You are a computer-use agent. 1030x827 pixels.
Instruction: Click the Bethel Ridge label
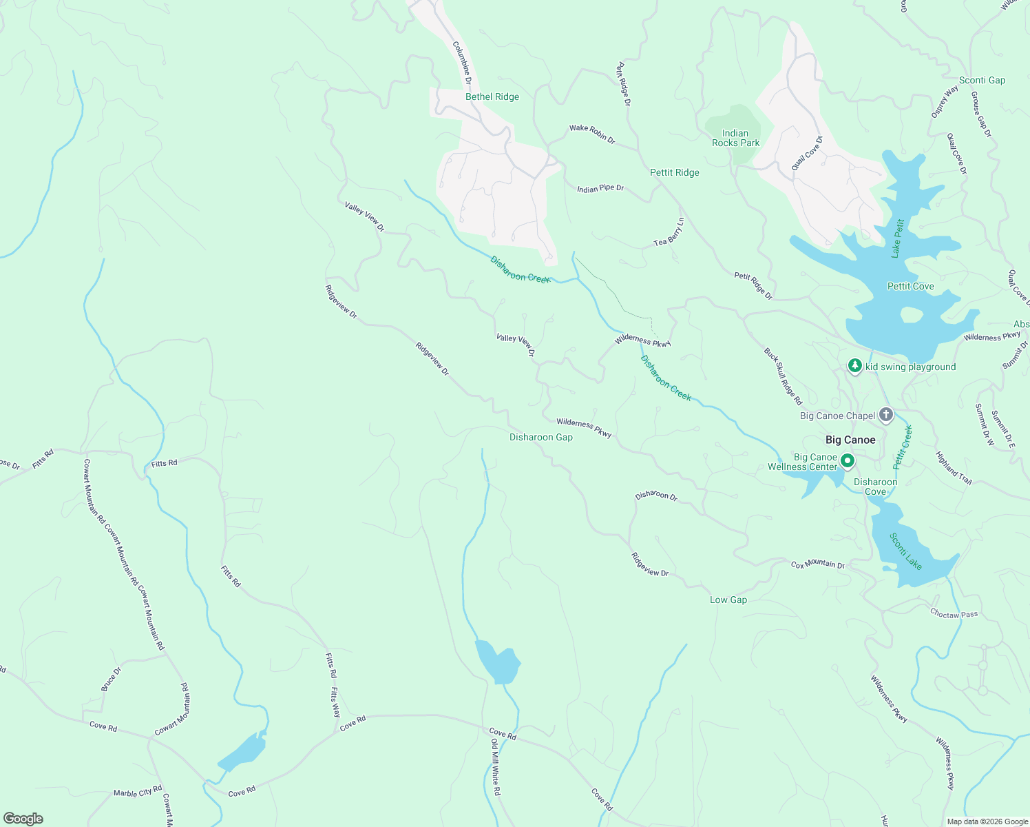[492, 97]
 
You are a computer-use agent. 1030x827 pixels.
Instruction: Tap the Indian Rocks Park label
[735, 139]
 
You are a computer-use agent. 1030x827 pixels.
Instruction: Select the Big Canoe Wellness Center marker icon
[848, 460]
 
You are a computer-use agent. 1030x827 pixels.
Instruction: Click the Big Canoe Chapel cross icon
[885, 415]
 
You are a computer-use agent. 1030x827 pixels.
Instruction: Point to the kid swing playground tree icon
[854, 366]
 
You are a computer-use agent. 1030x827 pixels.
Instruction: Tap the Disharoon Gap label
[540, 438]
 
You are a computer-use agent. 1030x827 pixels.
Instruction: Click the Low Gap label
[728, 600]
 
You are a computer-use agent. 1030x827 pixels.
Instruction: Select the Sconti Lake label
[905, 551]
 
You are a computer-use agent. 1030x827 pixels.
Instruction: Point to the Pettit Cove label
[910, 287]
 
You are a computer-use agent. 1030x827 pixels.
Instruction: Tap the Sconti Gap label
[982, 81]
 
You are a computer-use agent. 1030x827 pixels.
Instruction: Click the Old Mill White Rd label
[496, 768]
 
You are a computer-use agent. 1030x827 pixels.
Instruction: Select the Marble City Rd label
[138, 792]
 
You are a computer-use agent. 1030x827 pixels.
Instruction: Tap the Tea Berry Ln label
[669, 232]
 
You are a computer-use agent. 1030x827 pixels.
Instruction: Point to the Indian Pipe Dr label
[600, 188]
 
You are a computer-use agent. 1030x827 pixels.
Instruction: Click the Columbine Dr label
[462, 63]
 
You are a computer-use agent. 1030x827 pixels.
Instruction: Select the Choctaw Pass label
[954, 614]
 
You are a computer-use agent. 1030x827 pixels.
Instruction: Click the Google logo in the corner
[23, 819]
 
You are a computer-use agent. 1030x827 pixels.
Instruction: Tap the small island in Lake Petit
[911, 315]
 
